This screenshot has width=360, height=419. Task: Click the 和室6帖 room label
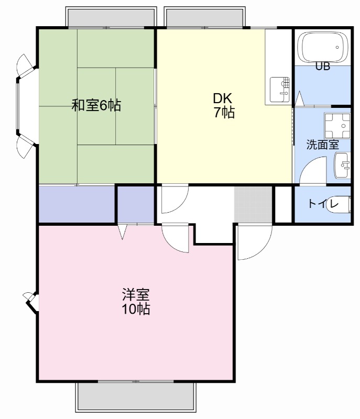coord(96,106)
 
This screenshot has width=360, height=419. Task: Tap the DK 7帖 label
coord(223,105)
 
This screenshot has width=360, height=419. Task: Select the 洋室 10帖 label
coord(136,302)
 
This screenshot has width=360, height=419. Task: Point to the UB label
coord(322,67)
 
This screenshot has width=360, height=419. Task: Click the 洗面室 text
coord(322,145)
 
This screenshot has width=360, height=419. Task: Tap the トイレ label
coord(321,204)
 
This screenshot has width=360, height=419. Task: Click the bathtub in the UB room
coord(322,48)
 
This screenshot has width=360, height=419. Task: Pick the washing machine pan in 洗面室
coord(337,126)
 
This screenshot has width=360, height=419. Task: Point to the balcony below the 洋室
coord(136,396)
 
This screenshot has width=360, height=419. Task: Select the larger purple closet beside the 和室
coord(77,204)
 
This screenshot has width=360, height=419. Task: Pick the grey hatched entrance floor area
coord(253,204)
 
